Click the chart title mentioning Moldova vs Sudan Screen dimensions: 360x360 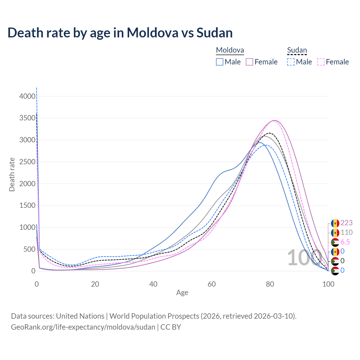click(120, 33)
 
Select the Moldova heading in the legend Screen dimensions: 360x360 click(230, 50)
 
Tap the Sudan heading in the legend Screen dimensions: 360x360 click(297, 50)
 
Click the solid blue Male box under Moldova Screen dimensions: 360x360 click(220, 62)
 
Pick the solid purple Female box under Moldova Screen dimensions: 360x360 click(250, 62)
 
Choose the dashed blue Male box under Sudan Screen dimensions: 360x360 click(291, 62)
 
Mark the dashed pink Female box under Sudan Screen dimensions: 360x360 click(321, 62)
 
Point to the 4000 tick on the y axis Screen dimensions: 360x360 click(27, 96)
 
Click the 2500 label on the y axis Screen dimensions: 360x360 click(27, 162)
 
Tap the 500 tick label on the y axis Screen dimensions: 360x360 click(29, 249)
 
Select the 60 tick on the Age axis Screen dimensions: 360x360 click(211, 284)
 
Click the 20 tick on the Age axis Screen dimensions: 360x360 click(95, 284)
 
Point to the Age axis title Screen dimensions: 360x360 click(182, 293)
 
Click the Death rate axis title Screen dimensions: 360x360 click(12, 174)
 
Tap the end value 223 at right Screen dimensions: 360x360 click(346, 223)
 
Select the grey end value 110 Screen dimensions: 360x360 click(346, 233)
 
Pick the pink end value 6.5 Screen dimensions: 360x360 click(345, 242)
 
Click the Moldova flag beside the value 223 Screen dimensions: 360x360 click(335, 223)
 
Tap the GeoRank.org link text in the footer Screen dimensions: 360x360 click(83, 327)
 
